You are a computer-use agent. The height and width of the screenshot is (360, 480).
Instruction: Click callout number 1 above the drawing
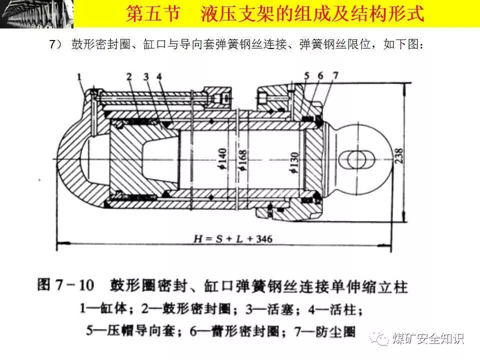coord(79,76)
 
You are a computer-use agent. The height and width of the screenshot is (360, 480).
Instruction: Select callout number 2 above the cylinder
coord(129,76)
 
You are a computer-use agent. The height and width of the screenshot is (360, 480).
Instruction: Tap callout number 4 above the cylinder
coord(158,76)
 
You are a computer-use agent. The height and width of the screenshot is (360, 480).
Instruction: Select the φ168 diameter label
coord(243,160)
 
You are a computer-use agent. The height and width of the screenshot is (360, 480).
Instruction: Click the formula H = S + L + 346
coord(233,238)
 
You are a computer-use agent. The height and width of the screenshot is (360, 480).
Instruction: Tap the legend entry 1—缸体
coord(105,308)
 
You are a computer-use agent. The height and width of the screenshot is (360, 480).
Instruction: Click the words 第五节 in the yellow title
coord(152,14)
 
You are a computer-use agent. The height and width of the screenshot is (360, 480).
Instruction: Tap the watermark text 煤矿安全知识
coord(428,338)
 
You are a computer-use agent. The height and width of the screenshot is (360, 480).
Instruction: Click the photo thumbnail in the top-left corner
coord(36,13)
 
